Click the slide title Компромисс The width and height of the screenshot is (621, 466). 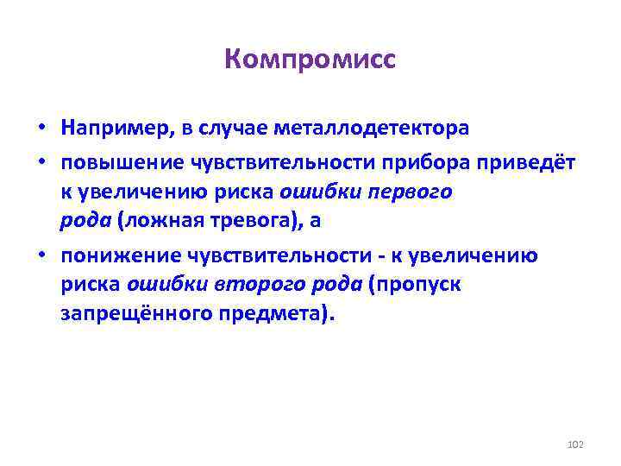click(310, 60)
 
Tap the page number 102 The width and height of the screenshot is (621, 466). click(576, 444)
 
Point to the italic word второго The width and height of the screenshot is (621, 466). click(226, 284)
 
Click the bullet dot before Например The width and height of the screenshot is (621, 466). click(41, 129)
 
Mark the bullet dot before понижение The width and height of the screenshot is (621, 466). click(41, 255)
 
